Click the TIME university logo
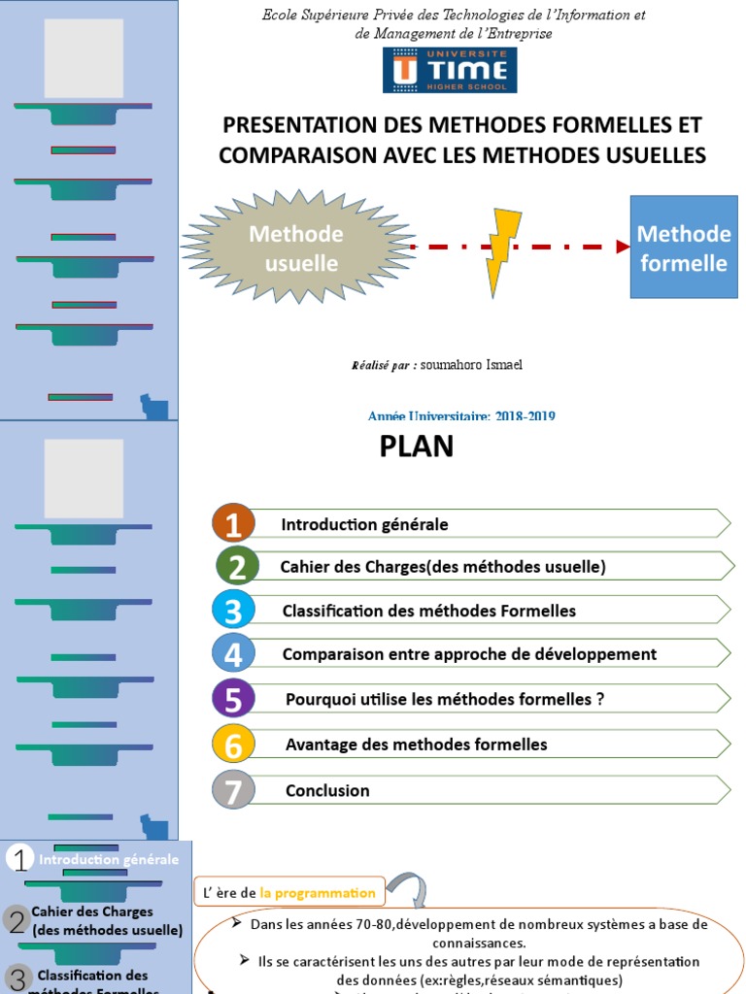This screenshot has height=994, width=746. pyautogui.click(x=449, y=70)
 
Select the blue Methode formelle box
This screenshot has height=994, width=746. pyautogui.click(x=683, y=247)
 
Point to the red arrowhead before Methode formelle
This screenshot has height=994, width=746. pyautogui.click(x=623, y=247)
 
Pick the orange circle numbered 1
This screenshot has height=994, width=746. pyautogui.click(x=233, y=524)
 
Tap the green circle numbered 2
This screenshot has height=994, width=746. pyautogui.click(x=238, y=567)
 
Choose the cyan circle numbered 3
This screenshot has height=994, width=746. pyautogui.click(x=233, y=611)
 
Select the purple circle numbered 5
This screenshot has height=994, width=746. pyautogui.click(x=233, y=699)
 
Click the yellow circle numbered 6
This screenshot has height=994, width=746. pyautogui.click(x=233, y=745)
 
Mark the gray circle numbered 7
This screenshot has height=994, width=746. pyautogui.click(x=233, y=790)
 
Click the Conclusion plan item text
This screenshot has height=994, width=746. pyautogui.click(x=327, y=791)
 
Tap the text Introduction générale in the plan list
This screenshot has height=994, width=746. pyautogui.click(x=364, y=524)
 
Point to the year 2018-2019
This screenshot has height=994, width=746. pyautogui.click(x=525, y=416)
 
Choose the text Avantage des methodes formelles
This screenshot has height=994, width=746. pyautogui.click(x=416, y=745)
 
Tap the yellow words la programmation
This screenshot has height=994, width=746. pyautogui.click(x=318, y=893)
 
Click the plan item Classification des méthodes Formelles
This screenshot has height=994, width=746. pyautogui.click(x=428, y=611)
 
